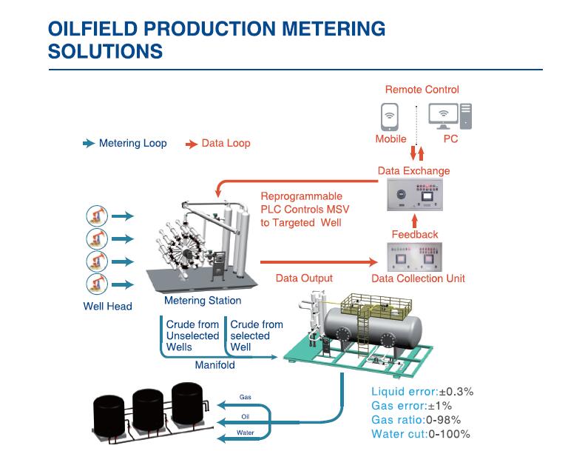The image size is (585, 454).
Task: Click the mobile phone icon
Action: pos(390,116)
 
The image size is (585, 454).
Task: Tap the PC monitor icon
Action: pos(443,115)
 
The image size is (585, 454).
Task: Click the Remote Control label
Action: pos(422,90)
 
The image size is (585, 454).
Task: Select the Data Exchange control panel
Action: pos(414,195)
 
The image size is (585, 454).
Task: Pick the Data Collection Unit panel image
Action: pos(414,257)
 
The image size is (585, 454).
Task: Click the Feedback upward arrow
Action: pos(414,221)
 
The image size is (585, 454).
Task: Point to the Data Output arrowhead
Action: pos(373,262)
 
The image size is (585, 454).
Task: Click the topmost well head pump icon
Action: pos(97,216)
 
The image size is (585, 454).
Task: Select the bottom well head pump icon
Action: pos(97,284)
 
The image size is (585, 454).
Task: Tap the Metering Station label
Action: pos(203,301)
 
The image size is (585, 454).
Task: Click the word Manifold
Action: pos(215,364)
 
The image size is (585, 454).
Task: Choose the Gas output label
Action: pos(245,397)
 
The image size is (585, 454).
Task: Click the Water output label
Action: pos(245,433)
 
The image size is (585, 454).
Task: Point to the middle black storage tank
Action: pos(148,410)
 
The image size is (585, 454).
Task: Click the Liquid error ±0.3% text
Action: pos(422,392)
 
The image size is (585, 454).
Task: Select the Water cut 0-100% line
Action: pos(421,434)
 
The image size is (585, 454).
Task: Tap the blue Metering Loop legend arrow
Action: pos(89,143)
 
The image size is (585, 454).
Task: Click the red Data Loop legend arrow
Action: pos(192,144)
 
